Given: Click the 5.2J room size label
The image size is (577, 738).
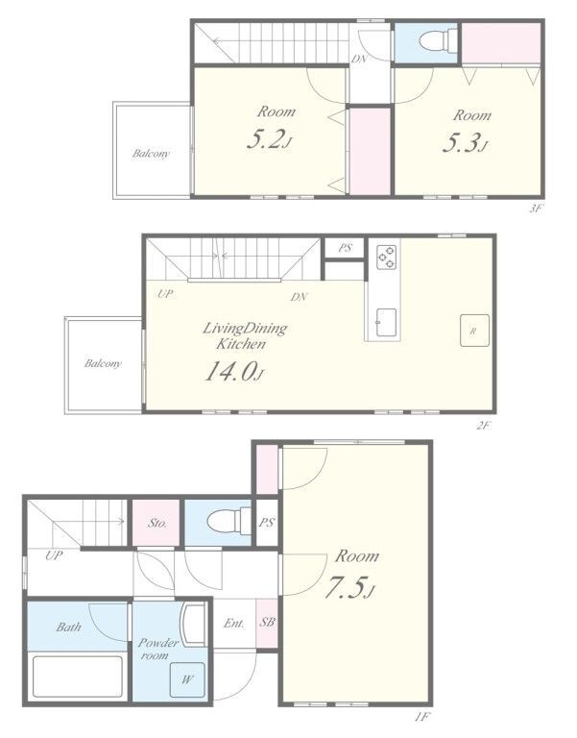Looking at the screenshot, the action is click(x=270, y=139).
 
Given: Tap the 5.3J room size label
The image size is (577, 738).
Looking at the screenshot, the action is click(x=465, y=142).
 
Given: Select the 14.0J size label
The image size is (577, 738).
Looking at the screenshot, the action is click(x=233, y=371).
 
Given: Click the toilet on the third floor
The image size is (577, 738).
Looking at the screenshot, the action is click(x=437, y=41).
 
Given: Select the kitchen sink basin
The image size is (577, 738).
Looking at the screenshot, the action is click(x=386, y=323).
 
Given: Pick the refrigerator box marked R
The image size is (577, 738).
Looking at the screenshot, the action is click(x=474, y=331).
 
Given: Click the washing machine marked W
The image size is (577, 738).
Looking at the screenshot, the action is click(x=187, y=680).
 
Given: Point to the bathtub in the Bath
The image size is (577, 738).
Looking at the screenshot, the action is click(x=78, y=676).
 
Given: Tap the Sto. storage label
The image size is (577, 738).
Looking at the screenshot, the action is click(x=157, y=523).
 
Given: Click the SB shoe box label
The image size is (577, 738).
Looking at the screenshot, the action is click(x=267, y=623).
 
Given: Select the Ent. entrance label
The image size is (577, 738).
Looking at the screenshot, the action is click(x=234, y=624).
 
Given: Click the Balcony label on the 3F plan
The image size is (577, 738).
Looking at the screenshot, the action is click(x=151, y=154).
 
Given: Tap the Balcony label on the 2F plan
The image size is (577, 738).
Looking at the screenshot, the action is click(x=103, y=363).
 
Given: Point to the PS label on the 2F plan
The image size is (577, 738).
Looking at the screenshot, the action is click(x=346, y=248).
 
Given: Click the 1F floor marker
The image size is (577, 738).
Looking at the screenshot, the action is click(x=422, y=717).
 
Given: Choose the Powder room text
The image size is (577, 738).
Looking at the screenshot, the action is click(x=157, y=649).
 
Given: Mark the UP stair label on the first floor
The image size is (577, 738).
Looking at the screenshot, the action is click(x=54, y=555).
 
